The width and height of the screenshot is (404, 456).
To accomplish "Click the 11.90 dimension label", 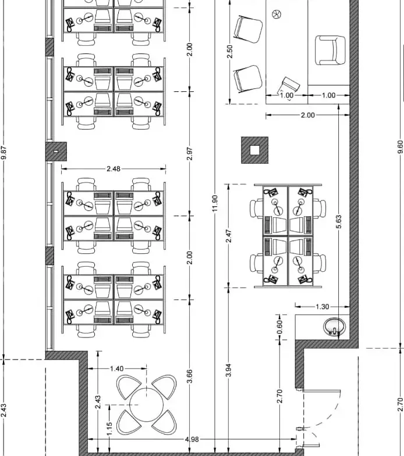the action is [x=215, y=203].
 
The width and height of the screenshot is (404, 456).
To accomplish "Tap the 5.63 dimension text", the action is [x=339, y=221].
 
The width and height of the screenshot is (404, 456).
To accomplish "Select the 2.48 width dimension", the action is [x=114, y=168].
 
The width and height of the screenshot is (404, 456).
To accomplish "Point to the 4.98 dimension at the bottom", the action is [x=192, y=439].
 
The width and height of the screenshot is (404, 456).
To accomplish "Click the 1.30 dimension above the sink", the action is [x=323, y=307].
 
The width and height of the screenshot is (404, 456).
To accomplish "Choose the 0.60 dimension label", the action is [x=279, y=327].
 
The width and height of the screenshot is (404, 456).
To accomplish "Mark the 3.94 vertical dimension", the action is [x=229, y=370].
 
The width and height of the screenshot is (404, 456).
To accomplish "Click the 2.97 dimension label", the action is [x=189, y=153].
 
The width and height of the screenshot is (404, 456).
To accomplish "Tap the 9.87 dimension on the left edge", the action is [x=3, y=153].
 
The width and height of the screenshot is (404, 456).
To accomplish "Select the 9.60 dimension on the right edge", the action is [x=401, y=146].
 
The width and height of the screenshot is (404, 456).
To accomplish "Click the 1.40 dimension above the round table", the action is [x=116, y=369].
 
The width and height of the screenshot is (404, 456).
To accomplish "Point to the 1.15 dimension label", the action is [x=109, y=429].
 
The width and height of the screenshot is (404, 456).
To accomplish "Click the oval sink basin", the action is [x=335, y=326].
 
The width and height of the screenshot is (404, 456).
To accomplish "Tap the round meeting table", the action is [x=146, y=404].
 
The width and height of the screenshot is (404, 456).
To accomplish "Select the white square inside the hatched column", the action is [x=255, y=150].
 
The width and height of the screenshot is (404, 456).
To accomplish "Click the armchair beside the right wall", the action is [x=331, y=51].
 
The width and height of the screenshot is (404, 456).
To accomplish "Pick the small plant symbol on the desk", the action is [x=277, y=14].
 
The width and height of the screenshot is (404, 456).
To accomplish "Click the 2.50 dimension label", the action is [x=230, y=51].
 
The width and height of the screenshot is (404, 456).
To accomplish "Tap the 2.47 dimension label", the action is [x=229, y=236].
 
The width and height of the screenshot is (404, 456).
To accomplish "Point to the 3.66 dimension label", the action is [x=189, y=376].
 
